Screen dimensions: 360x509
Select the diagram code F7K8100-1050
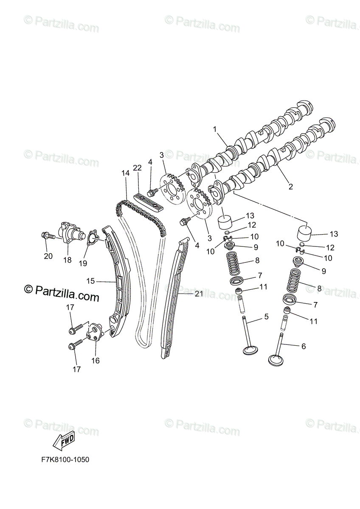pos(63,460)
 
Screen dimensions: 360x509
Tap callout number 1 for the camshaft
pos(215,129)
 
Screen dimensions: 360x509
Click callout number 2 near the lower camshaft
pos(291,186)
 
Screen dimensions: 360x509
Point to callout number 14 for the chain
pos(125,173)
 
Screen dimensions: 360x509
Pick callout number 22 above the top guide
pos(137,168)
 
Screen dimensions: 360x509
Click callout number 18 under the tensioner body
pos(67,260)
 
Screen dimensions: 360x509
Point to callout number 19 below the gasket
pos(83,263)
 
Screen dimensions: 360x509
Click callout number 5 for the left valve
pos(266,316)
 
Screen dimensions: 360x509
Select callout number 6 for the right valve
pos(303,346)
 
